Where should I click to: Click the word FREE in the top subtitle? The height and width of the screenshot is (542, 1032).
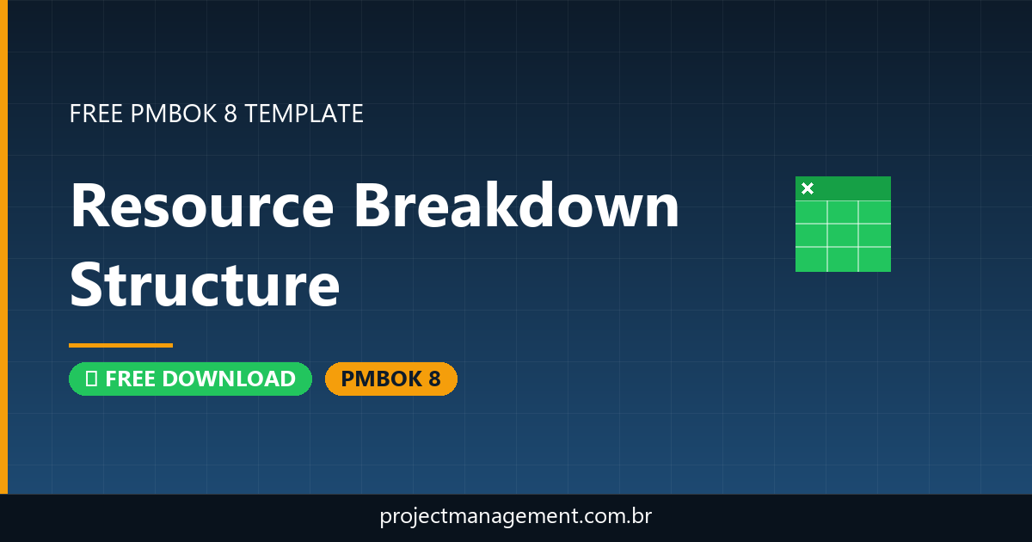95,114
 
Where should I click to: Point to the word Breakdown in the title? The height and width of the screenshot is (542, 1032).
516,207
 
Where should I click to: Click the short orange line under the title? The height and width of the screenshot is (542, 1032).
120,345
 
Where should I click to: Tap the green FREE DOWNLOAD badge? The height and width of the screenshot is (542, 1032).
190,379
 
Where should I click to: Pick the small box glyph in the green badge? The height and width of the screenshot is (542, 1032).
90,379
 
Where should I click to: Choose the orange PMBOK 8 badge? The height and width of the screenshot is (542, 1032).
390,379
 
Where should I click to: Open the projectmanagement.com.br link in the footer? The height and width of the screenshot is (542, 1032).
516,517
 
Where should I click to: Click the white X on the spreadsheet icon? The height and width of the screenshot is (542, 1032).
808,188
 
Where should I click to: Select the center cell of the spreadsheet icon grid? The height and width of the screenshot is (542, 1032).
843,235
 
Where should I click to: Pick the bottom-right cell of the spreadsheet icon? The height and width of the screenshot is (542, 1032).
875,258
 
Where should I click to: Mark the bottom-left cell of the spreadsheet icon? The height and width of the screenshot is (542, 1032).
811,258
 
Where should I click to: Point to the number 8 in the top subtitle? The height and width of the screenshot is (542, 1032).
230,114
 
